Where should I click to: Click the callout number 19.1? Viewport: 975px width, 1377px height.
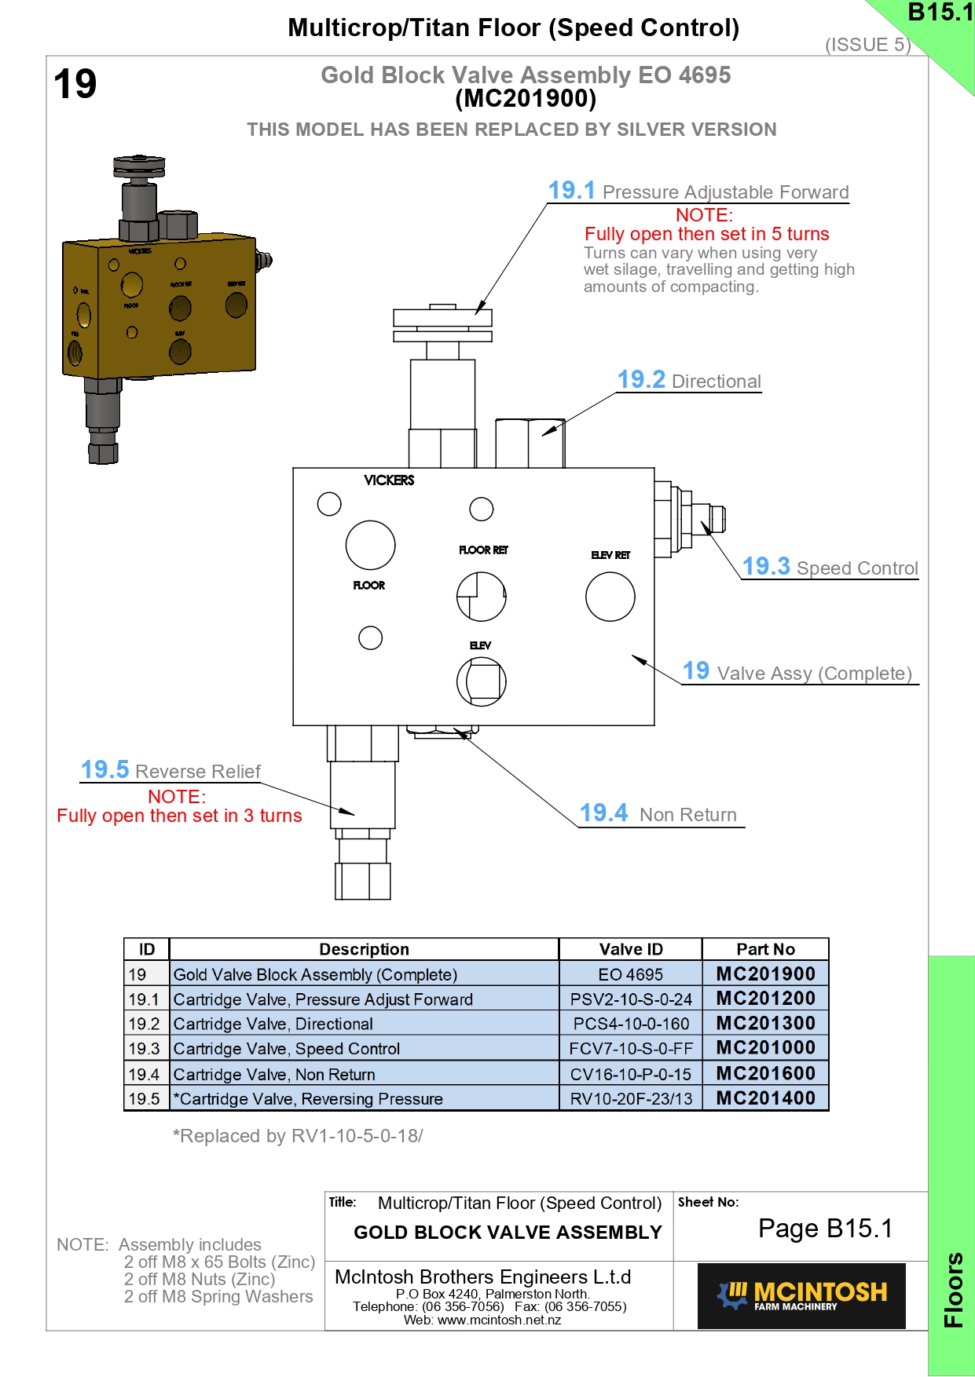(x=571, y=191)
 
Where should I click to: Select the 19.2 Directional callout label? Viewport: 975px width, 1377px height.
(x=689, y=381)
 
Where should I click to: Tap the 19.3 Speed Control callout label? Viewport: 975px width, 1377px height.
(x=830, y=567)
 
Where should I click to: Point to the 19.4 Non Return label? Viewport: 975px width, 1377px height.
(x=658, y=814)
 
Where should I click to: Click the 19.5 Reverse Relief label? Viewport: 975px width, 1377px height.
(x=170, y=771)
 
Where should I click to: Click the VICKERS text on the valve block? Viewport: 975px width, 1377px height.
(x=389, y=480)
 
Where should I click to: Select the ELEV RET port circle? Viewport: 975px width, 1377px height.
(x=610, y=597)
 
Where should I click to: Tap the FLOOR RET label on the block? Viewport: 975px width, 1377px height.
(x=483, y=550)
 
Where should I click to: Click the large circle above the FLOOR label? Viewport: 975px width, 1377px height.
(x=370, y=545)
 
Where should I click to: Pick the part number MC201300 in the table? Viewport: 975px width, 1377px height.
(x=765, y=1024)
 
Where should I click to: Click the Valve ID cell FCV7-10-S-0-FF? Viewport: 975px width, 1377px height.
(x=631, y=1049)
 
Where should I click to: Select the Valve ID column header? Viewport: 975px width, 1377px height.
(x=631, y=949)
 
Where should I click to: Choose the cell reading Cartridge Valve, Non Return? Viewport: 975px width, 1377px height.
(x=274, y=1074)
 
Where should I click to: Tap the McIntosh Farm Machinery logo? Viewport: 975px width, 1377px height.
(x=801, y=1295)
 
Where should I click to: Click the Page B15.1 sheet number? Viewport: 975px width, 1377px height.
(x=825, y=1229)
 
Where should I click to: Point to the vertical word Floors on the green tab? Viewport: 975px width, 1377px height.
(x=953, y=1289)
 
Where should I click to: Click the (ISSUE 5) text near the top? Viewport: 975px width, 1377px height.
(x=867, y=45)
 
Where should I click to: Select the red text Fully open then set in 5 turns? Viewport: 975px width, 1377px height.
(x=706, y=234)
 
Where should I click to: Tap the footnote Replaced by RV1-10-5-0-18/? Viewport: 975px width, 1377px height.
(x=298, y=1136)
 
